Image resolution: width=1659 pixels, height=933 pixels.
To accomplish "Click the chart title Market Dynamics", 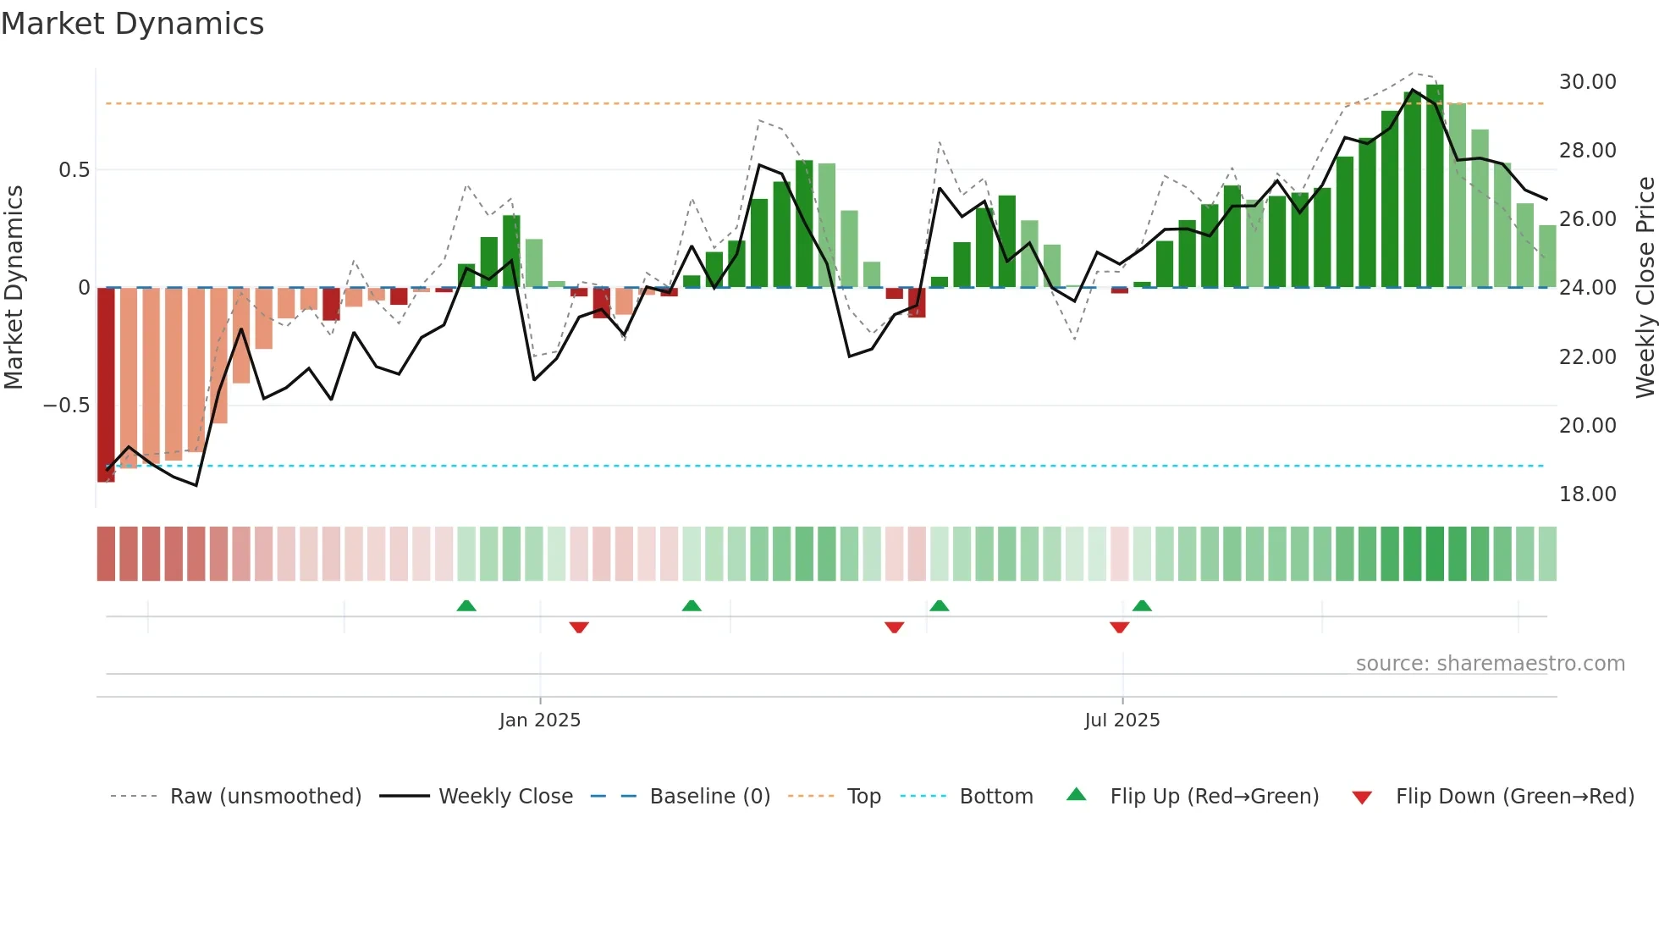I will click(132, 24).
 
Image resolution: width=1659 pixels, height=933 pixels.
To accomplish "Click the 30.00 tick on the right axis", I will click(1587, 82).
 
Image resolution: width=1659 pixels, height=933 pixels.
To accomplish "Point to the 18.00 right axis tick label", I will click(1587, 494).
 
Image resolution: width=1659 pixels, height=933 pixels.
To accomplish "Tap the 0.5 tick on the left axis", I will click(74, 170).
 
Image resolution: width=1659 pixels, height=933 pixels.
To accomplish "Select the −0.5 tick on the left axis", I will click(66, 406).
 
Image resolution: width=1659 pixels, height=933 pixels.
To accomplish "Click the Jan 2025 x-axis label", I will click(539, 720).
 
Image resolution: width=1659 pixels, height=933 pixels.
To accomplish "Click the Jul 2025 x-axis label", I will click(1122, 720).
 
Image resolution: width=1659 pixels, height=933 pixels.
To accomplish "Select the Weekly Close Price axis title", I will click(1645, 288).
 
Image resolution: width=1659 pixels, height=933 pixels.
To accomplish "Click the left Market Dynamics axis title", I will click(14, 288).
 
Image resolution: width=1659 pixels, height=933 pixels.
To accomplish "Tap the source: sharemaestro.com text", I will click(1490, 664).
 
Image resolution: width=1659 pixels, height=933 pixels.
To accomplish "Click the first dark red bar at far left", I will click(106, 385).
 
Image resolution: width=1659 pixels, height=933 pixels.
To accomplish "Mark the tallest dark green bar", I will click(1435, 186).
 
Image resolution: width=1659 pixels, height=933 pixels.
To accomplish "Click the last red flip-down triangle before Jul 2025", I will click(1119, 627).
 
